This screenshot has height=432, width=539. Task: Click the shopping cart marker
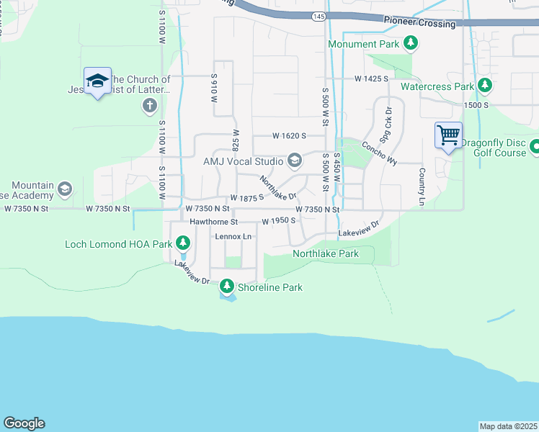448,135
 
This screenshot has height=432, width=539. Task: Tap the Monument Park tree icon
411,44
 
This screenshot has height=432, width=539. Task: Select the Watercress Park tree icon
485,86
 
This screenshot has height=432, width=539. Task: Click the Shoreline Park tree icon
227,287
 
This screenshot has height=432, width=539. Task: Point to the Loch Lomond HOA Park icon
183,244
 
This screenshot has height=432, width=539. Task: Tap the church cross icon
149,107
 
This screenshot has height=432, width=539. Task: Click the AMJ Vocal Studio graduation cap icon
295,160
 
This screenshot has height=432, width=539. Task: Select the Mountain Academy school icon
64,189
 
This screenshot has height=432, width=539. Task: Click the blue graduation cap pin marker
97,82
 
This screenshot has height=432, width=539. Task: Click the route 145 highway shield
318,15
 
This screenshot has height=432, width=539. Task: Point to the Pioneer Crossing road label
419,22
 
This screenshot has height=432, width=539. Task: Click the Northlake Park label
325,253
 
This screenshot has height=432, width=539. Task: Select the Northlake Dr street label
278,189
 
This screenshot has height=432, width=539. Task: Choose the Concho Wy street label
380,153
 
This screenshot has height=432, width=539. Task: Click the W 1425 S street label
371,78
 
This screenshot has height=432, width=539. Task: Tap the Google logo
24,423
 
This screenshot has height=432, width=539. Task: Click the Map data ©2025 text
507,426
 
